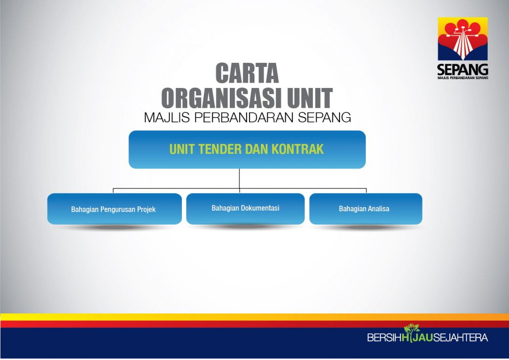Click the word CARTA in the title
(x=247, y=73)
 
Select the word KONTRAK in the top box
(x=297, y=149)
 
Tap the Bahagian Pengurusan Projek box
(x=115, y=209)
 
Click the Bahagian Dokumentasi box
(x=246, y=209)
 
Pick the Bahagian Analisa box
(x=366, y=209)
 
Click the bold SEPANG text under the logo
(x=463, y=70)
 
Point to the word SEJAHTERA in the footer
(x=461, y=338)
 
